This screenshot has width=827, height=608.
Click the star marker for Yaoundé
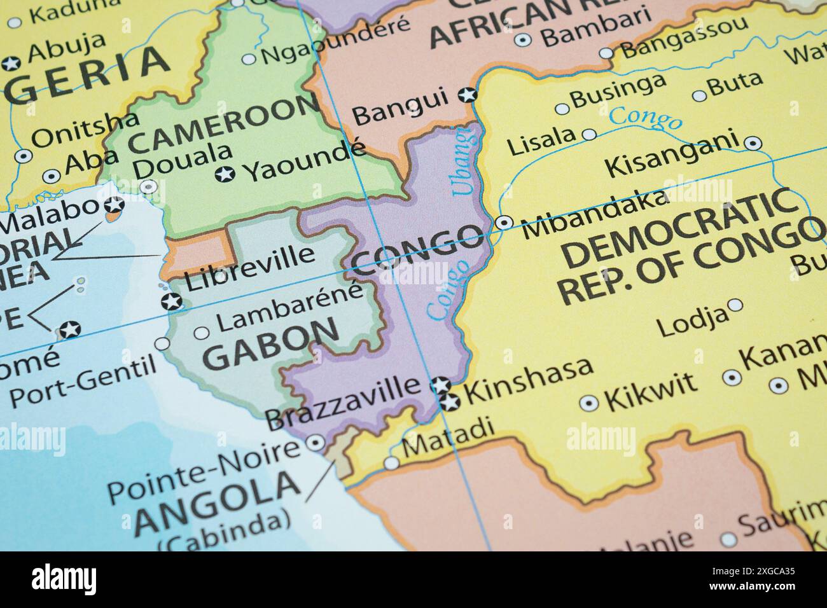(224, 174)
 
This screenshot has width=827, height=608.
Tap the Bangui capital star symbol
(468, 95)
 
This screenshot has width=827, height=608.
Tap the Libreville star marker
(170, 302)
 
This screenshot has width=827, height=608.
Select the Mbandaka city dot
(503, 223)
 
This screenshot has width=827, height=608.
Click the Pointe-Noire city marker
(315, 443)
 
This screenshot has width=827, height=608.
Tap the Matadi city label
(448, 438)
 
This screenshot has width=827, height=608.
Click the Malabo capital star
(115, 205)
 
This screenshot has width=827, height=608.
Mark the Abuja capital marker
(11, 64)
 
